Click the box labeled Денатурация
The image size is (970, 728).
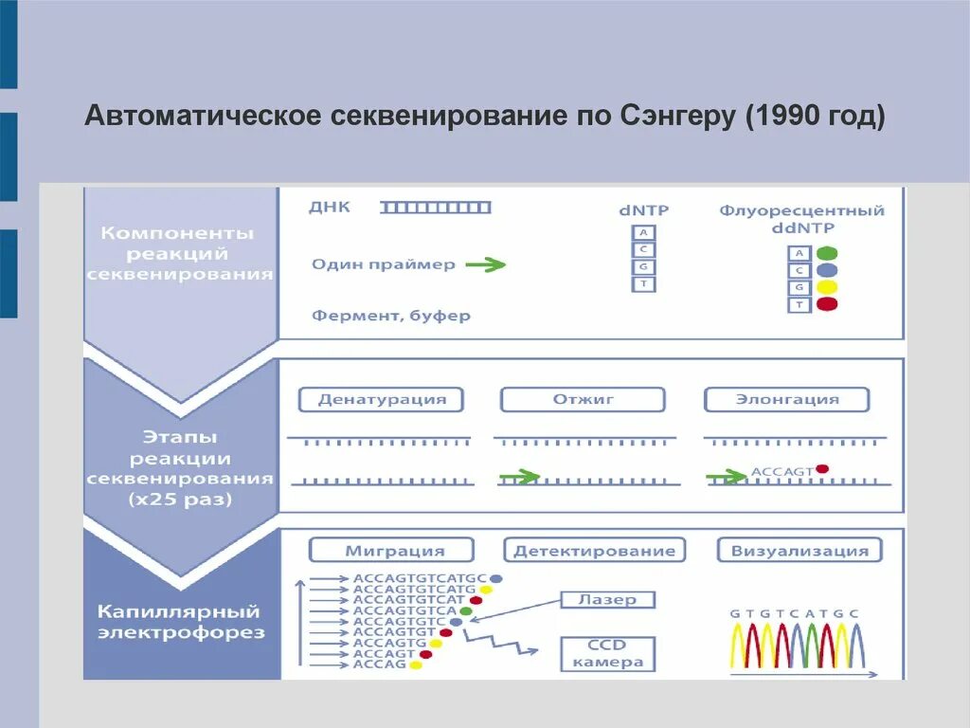(x=382, y=399)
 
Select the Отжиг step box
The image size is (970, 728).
(x=584, y=399)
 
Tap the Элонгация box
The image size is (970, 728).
(x=787, y=399)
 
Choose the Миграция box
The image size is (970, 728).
(x=391, y=550)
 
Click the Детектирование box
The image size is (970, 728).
(x=596, y=550)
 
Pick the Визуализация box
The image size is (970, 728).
(x=799, y=550)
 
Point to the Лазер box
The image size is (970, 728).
(x=606, y=599)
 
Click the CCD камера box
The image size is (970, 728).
(x=606, y=652)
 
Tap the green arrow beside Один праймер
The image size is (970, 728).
(x=485, y=265)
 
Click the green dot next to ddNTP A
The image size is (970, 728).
(x=826, y=253)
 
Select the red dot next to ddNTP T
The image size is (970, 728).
(x=826, y=304)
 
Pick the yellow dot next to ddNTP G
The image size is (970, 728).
(x=826, y=287)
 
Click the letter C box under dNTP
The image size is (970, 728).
(x=643, y=249)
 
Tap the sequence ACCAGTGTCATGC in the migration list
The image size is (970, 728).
(x=420, y=577)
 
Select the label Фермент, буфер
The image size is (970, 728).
(x=390, y=316)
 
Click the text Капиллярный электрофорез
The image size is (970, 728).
(x=181, y=622)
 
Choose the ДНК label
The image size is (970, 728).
(x=329, y=208)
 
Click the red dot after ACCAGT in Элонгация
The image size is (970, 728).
(x=821, y=468)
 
